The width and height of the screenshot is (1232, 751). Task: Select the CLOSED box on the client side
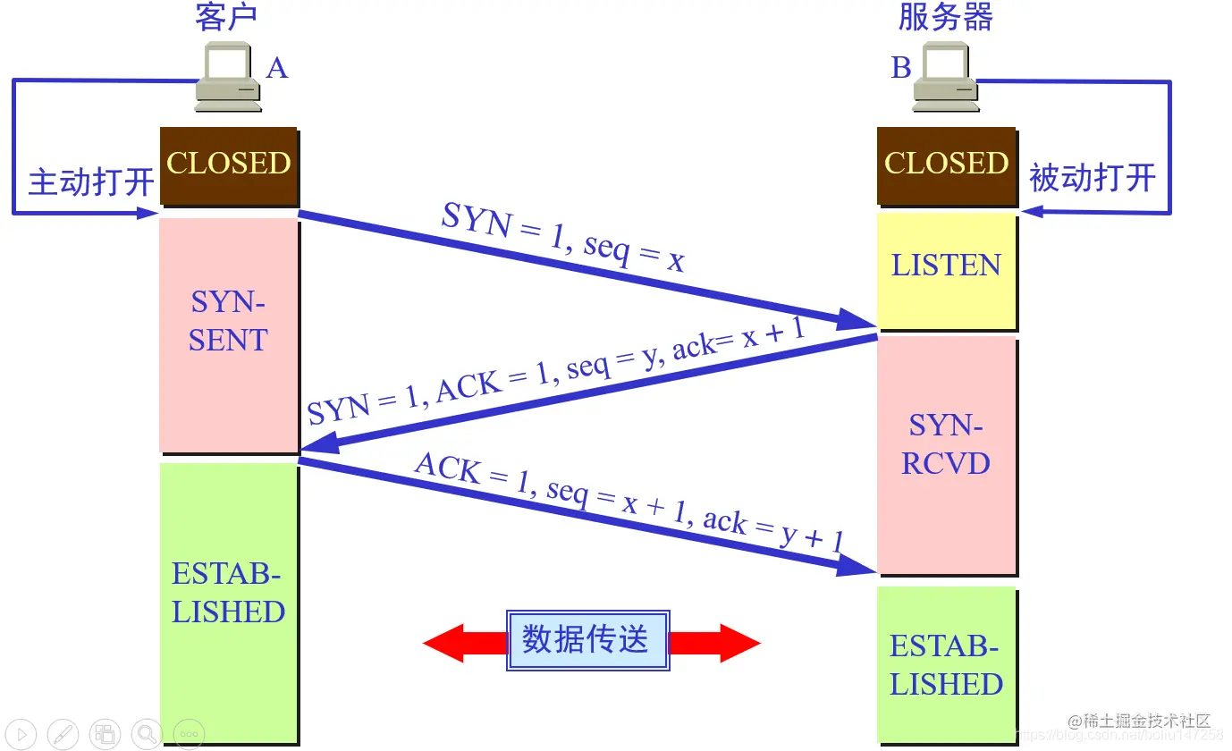point(228,165)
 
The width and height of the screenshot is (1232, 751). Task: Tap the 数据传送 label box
point(587,641)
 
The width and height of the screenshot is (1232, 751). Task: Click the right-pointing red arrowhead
point(738,643)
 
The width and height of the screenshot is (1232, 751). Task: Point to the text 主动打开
point(91,181)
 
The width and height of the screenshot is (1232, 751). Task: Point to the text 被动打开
point(1093,178)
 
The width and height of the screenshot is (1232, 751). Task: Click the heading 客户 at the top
point(227,18)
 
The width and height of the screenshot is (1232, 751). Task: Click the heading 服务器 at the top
point(946,18)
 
